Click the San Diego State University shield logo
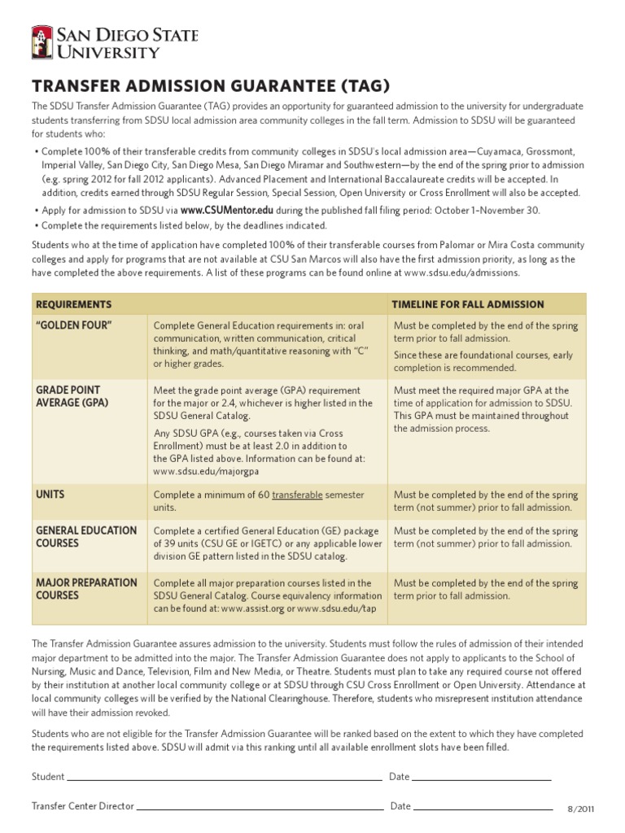(42, 42)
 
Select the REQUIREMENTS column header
(73, 304)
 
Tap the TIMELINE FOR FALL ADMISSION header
(468, 304)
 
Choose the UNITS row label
(50, 494)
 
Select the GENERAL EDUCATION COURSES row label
(86, 537)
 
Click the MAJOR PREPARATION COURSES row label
(86, 589)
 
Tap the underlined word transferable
(297, 495)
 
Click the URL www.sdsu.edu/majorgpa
(206, 470)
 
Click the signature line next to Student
(225, 778)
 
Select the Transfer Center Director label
(82, 806)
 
